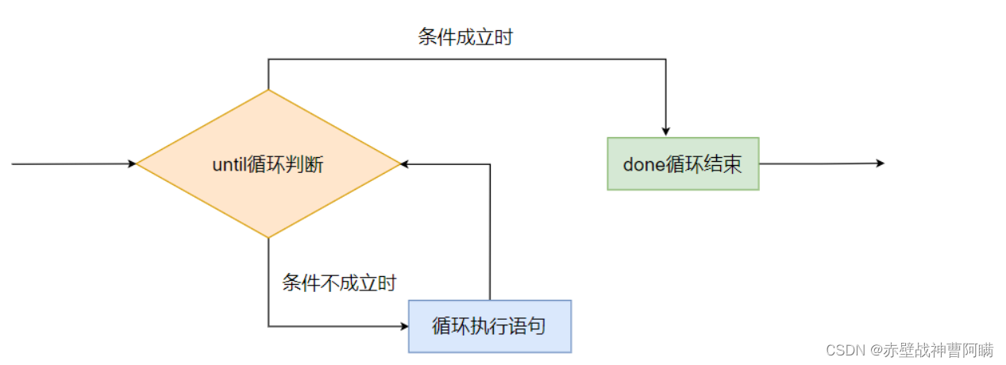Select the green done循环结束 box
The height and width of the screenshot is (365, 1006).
(683, 163)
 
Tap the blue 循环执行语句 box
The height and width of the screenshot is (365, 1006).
(490, 326)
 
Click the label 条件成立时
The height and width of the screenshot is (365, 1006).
(465, 37)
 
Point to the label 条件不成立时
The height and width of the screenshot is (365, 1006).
(339, 282)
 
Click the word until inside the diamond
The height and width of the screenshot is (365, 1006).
(229, 165)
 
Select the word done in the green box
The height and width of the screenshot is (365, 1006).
(642, 164)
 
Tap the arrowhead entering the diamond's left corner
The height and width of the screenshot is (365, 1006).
(132, 164)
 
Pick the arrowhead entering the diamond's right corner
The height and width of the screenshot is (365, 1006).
(405, 164)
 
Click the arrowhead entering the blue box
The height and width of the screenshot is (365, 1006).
(404, 326)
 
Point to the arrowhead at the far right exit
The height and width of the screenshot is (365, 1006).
(880, 163)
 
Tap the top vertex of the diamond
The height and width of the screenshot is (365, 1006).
(268, 90)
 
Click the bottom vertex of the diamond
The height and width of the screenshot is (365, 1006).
(268, 237)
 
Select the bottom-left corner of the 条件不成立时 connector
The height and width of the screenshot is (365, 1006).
(268, 326)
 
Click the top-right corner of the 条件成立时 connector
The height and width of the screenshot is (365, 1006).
(665, 59)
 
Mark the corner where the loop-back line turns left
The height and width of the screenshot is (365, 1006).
(490, 164)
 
